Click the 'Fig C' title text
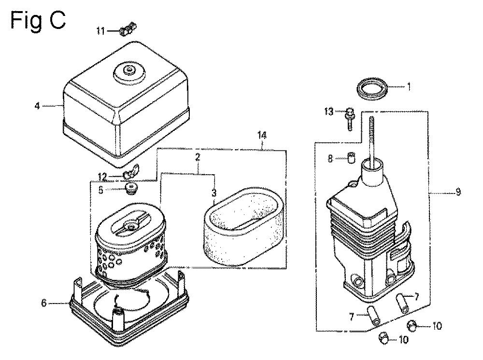pyautogui.click(x=38, y=20)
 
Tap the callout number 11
pyautogui.click(x=100, y=31)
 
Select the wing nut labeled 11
pyautogui.click(x=128, y=28)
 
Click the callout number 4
pyautogui.click(x=37, y=106)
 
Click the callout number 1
pyautogui.click(x=409, y=87)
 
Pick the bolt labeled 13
pyautogui.click(x=350, y=119)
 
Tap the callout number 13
pyautogui.click(x=328, y=111)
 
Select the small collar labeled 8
pyautogui.click(x=351, y=158)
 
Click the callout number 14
pyautogui.click(x=262, y=136)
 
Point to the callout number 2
pyautogui.click(x=198, y=157)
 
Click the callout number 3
pyautogui.click(x=214, y=193)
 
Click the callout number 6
pyautogui.click(x=44, y=303)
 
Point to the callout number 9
pyautogui.click(x=458, y=192)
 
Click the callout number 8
pyautogui.click(x=330, y=159)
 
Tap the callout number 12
pyautogui.click(x=102, y=177)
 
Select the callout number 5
pyautogui.click(x=101, y=190)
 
